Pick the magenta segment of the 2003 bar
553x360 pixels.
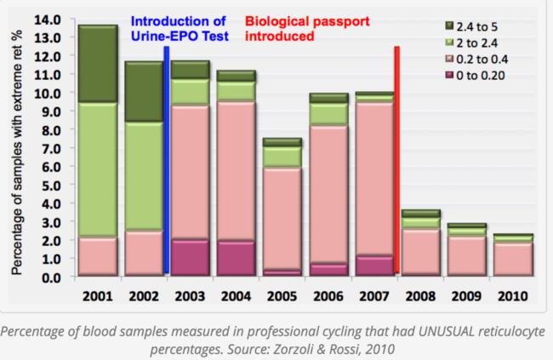[189, 257]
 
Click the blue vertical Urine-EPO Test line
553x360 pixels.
[167, 162]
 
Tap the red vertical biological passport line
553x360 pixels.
[396, 162]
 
